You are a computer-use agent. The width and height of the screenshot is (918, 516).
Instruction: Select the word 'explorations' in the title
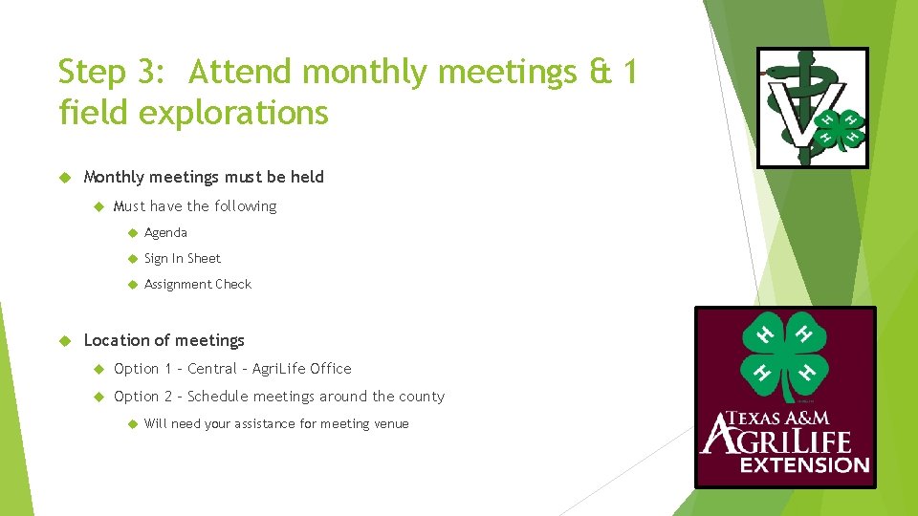(234, 113)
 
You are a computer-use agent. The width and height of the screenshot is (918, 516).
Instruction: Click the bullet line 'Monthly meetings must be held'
(204, 177)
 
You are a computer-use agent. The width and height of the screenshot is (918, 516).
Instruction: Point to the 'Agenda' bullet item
(165, 232)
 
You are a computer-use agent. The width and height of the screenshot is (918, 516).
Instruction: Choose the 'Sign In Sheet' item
(182, 258)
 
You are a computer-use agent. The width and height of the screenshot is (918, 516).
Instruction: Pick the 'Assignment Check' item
(197, 284)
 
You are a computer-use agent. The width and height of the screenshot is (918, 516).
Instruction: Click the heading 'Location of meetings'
(164, 340)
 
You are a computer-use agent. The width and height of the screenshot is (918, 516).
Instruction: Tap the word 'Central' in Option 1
(211, 369)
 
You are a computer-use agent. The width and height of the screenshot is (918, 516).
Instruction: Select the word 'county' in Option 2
(422, 397)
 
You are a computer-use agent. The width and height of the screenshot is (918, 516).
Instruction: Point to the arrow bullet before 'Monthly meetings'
(66, 177)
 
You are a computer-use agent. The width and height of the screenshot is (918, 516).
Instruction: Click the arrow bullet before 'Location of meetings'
(66, 340)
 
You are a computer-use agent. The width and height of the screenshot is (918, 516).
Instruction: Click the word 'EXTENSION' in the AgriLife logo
(804, 465)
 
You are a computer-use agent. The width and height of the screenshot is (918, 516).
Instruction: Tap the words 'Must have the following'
(194, 206)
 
